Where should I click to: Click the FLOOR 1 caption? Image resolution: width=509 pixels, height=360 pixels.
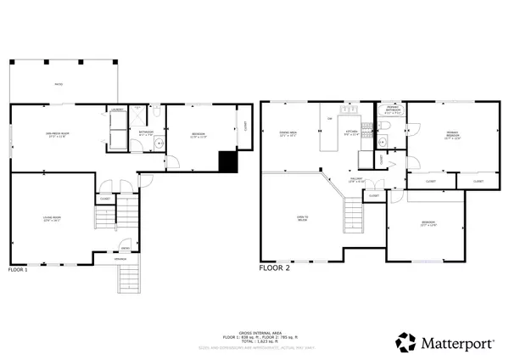click(x=18, y=269)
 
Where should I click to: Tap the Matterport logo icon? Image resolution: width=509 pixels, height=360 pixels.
click(x=406, y=343)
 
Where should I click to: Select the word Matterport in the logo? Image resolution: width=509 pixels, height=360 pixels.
click(x=453, y=344)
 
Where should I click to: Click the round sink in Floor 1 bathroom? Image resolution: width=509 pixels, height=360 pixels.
click(x=158, y=145)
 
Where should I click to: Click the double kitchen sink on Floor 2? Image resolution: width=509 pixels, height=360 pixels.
click(x=347, y=110)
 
